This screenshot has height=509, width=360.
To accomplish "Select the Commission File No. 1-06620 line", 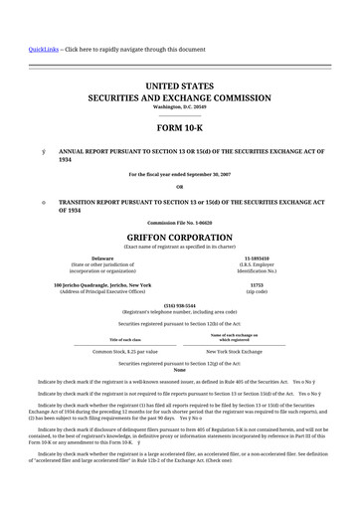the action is (179, 222).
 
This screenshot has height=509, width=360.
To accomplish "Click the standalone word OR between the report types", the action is (179, 187).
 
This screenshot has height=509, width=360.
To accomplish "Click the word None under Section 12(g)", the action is (179, 370).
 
